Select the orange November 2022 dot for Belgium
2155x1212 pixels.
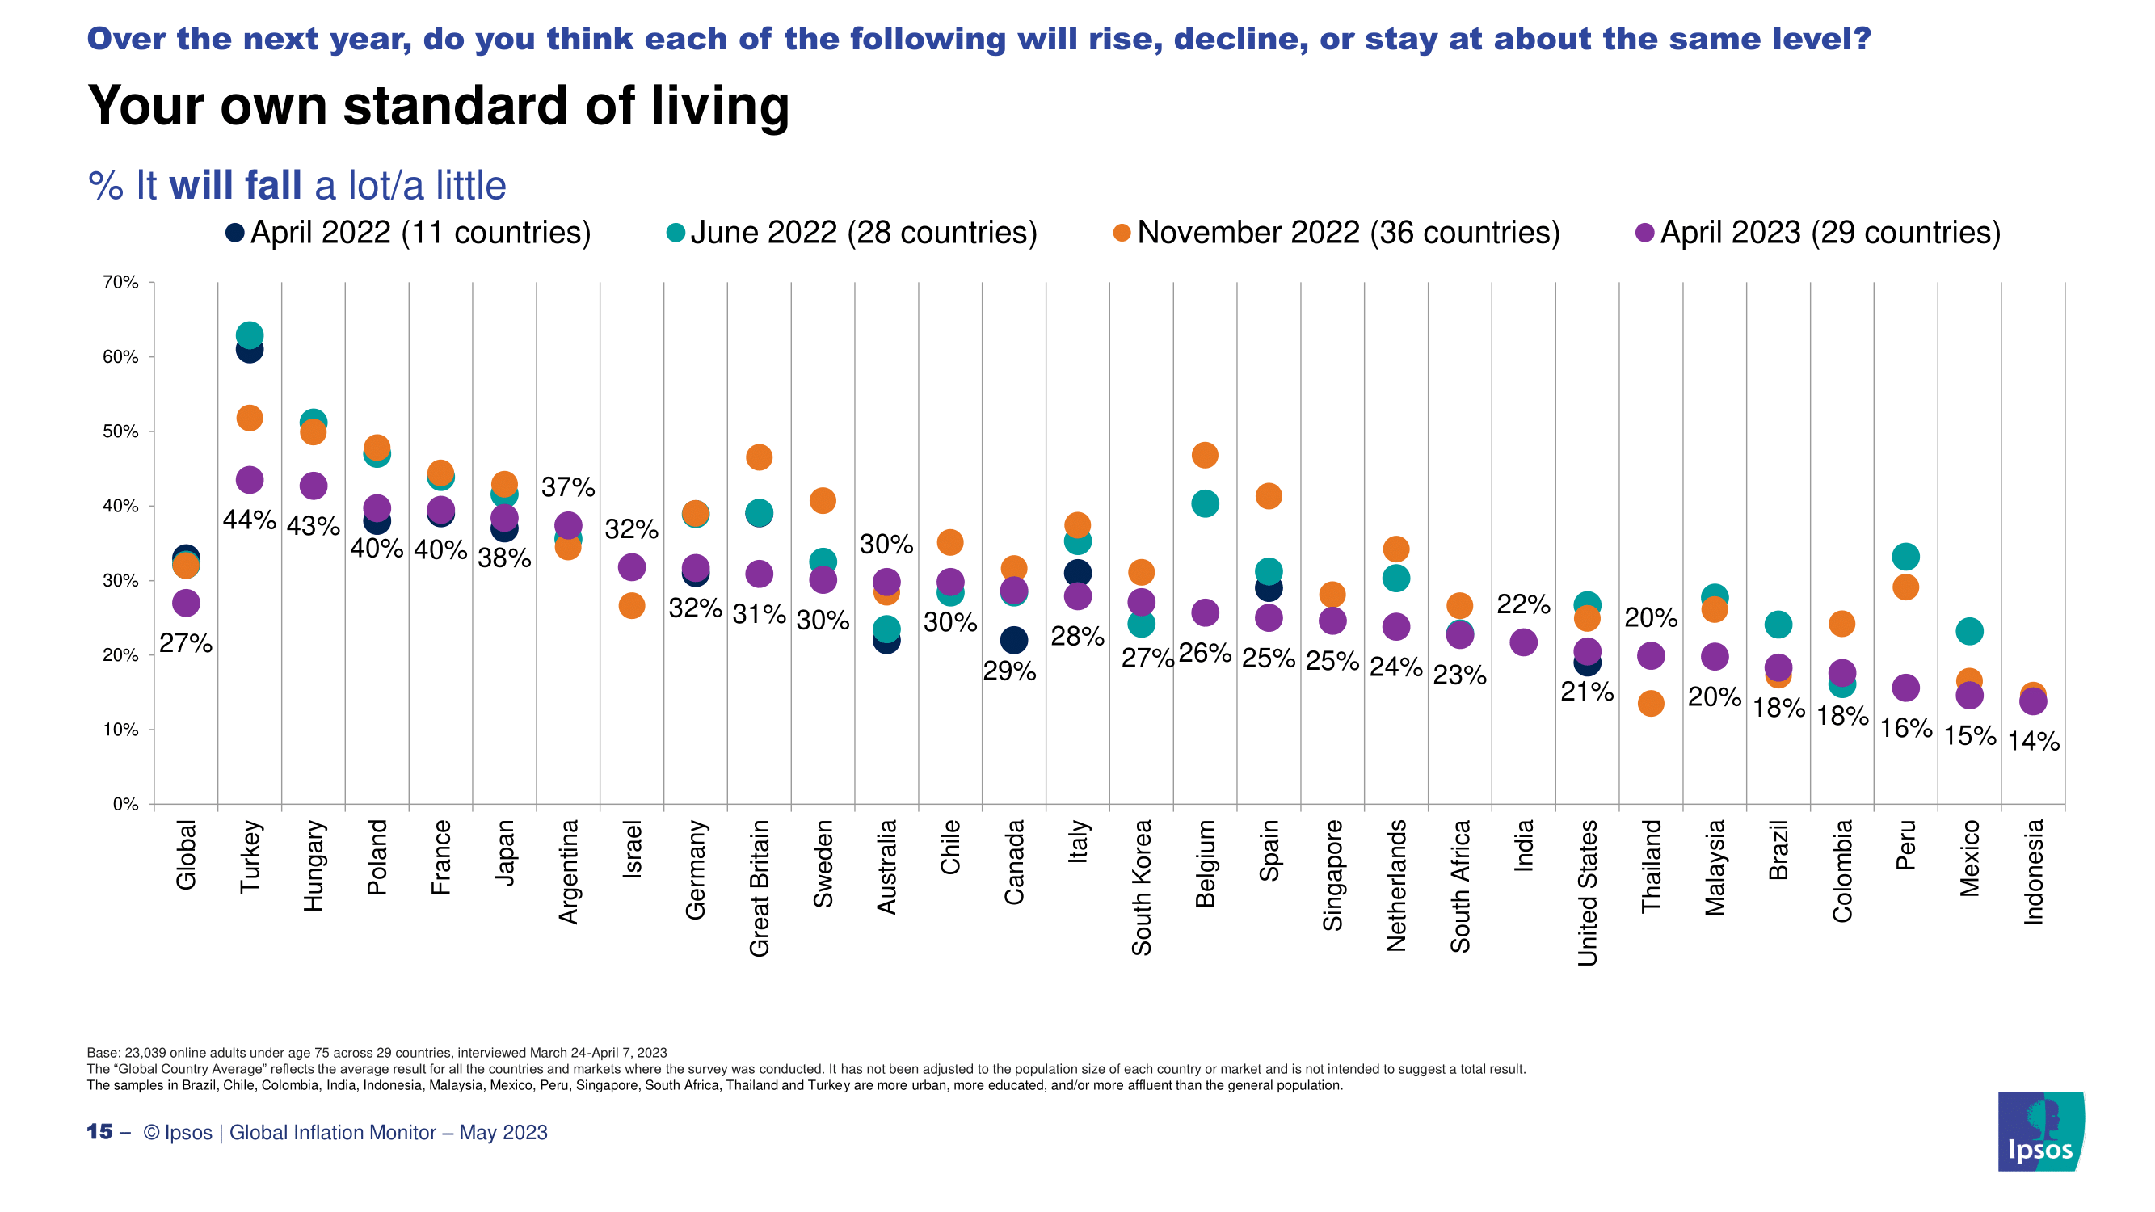pyautogui.click(x=1205, y=455)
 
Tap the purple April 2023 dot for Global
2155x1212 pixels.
pyautogui.click(x=186, y=602)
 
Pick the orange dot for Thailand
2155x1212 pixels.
pyautogui.click(x=1651, y=704)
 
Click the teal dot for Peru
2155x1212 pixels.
pyautogui.click(x=1905, y=556)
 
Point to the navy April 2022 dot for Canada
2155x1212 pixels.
pyautogui.click(x=1014, y=641)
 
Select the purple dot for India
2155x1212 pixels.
pyautogui.click(x=1523, y=642)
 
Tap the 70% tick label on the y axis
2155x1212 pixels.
pyautogui.click(x=120, y=283)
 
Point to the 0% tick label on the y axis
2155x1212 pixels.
pyautogui.click(x=125, y=805)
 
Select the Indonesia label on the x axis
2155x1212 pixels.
pyautogui.click(x=2033, y=873)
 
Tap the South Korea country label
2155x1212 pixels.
pyautogui.click(x=1141, y=887)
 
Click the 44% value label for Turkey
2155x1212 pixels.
pyautogui.click(x=250, y=520)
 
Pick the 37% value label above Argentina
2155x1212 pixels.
pyautogui.click(x=568, y=486)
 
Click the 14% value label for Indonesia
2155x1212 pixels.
pyautogui.click(x=2033, y=741)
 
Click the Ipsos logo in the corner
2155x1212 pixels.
pyautogui.click(x=2040, y=1131)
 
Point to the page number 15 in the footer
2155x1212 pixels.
pyautogui.click(x=99, y=1132)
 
